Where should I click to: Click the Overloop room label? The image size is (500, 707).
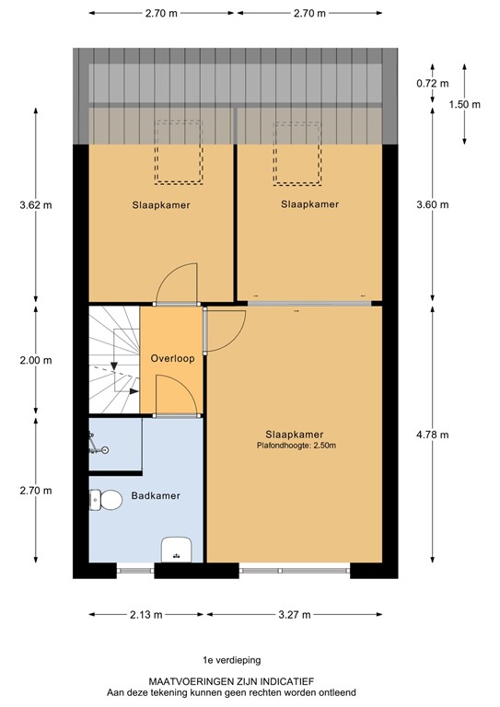(x=172, y=359)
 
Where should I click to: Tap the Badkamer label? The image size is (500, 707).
(x=154, y=495)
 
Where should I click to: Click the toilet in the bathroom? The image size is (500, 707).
(x=108, y=500)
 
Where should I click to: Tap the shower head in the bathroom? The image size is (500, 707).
(x=104, y=449)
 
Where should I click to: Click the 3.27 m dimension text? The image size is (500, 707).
(x=294, y=615)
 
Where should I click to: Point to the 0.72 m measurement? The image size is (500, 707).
(x=426, y=84)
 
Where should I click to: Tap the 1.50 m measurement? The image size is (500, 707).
(x=465, y=104)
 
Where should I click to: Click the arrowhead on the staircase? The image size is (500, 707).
(x=113, y=365)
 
